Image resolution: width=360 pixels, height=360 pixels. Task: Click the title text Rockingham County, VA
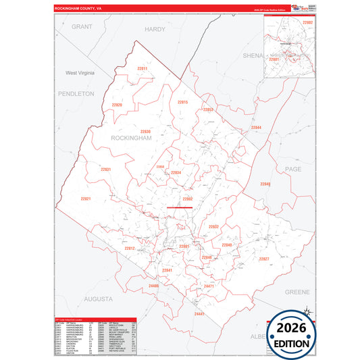tap(78, 9)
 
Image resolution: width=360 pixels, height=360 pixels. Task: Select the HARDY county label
tap(155, 29)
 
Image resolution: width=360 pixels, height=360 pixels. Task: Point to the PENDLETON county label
tap(76, 94)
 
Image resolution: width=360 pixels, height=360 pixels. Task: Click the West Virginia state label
tap(80, 72)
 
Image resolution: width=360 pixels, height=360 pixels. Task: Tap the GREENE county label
tap(297, 292)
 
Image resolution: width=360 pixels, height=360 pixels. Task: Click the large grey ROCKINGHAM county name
tap(133, 137)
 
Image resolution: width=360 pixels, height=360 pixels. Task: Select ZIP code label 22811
tap(142, 69)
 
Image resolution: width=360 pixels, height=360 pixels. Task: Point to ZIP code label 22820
tap(118, 105)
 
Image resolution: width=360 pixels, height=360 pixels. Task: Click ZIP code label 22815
tap(182, 102)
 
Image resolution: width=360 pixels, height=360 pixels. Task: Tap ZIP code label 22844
tap(256, 128)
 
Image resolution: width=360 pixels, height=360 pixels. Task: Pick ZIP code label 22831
tap(105, 169)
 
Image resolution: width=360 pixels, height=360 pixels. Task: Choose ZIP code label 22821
tap(85, 199)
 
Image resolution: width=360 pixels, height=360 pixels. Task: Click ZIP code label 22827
tap(263, 259)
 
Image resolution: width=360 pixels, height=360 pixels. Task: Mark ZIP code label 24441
tap(199, 314)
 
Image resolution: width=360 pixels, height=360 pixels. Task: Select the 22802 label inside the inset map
tap(308, 23)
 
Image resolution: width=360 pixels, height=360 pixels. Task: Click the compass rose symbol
tap(305, 312)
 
